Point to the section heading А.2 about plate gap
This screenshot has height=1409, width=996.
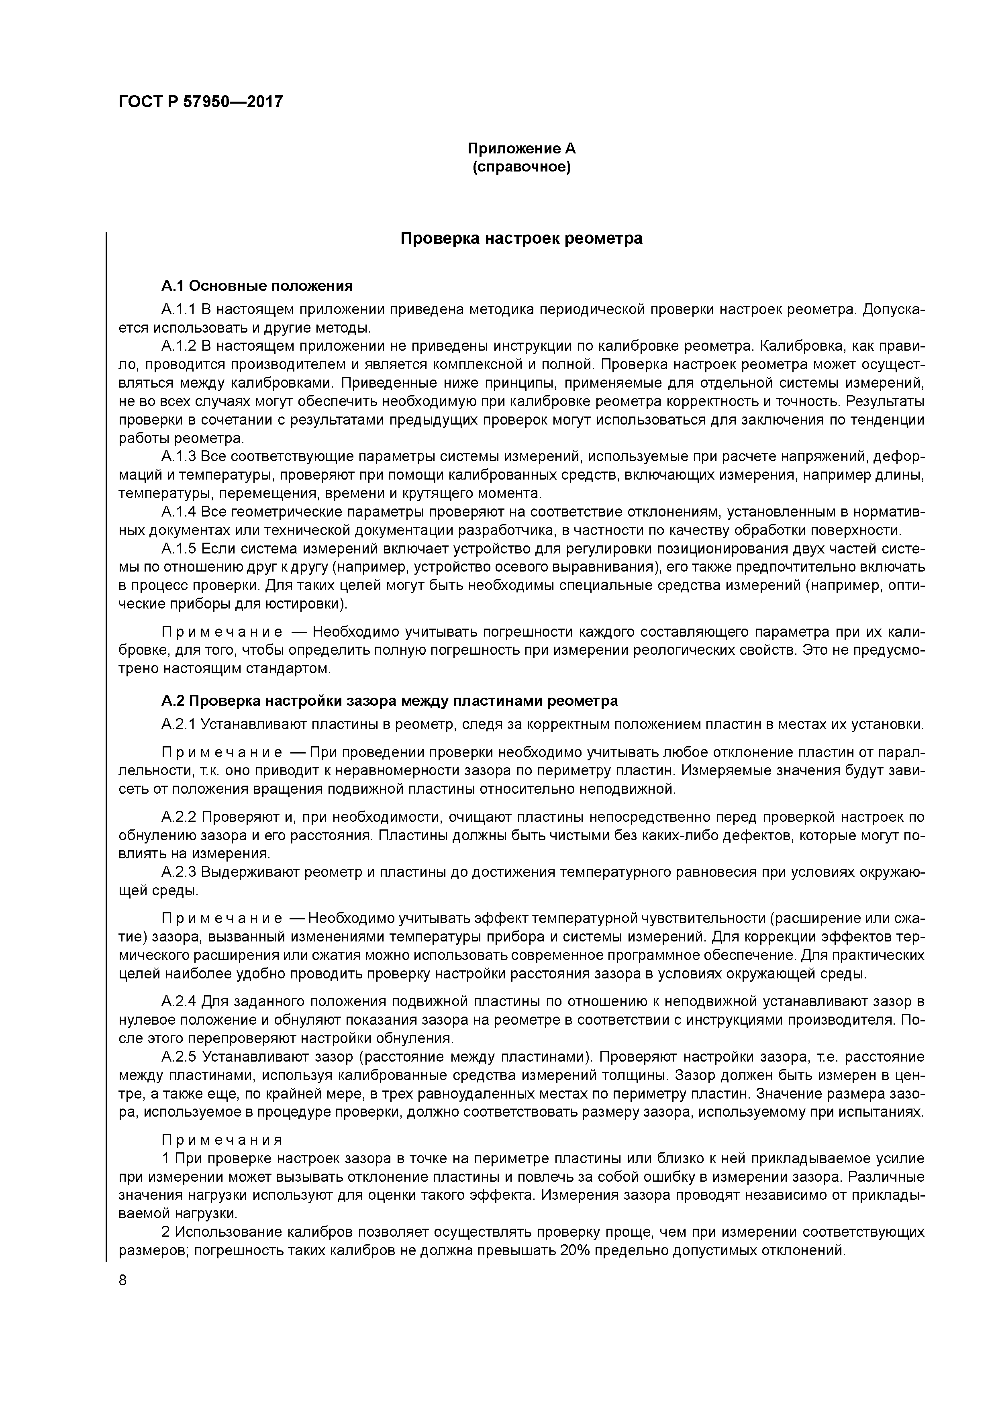coord(389,701)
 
